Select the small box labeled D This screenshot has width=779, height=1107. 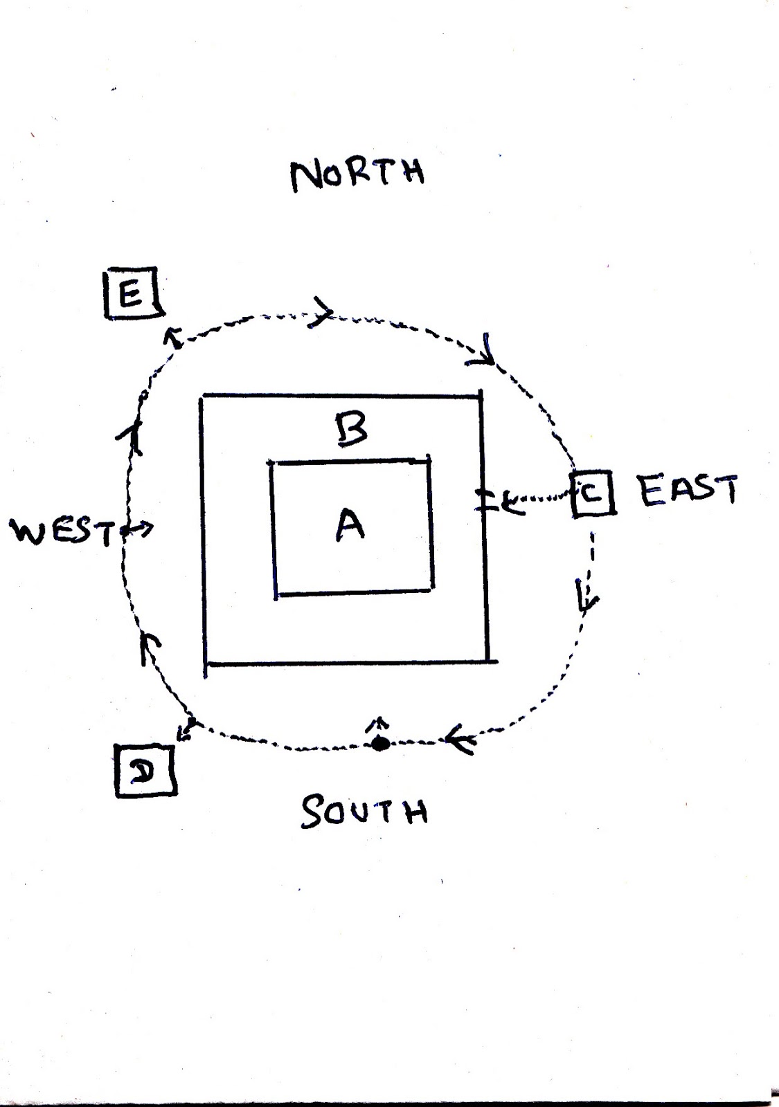click(145, 770)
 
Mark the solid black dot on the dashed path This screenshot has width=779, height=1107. click(379, 744)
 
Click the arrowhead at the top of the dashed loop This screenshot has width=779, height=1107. click(324, 313)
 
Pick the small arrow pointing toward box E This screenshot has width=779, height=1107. click(170, 337)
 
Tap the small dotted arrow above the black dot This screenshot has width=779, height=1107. click(378, 724)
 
